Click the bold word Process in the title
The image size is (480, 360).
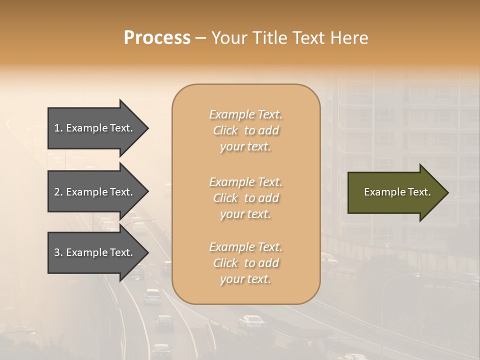click(157, 38)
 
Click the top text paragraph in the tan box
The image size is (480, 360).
click(246, 130)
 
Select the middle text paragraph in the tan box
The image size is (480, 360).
click(246, 198)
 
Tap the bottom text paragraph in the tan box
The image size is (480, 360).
click(246, 263)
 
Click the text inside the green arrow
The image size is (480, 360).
click(397, 192)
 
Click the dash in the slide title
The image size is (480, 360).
click(200, 38)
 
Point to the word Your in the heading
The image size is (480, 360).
click(228, 38)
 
